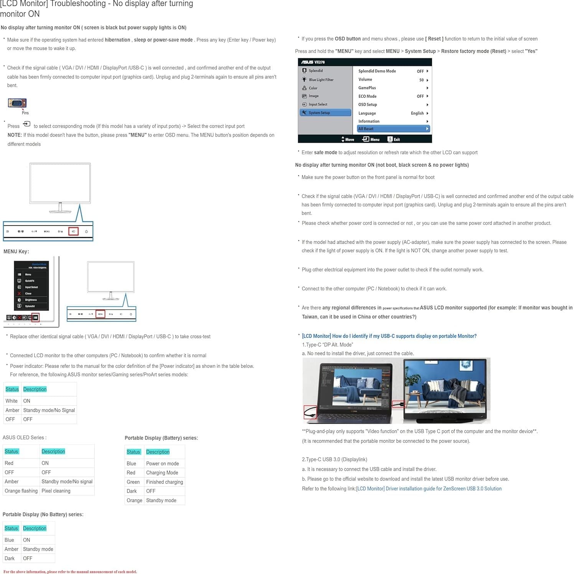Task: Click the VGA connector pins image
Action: tap(17, 103)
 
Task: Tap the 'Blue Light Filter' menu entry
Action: tap(321, 80)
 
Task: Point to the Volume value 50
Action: tap(421, 80)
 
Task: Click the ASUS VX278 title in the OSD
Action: tap(313, 62)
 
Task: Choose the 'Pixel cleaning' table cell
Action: tap(56, 491)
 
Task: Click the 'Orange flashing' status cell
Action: tap(21, 491)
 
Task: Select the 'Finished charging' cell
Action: tap(164, 482)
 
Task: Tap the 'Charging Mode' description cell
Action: tap(162, 473)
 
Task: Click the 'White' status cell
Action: tap(12, 401)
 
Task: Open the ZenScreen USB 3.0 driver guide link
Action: tap(429, 489)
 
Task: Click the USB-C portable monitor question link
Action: tap(389, 336)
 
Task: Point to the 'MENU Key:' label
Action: tap(16, 252)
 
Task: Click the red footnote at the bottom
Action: tap(70, 572)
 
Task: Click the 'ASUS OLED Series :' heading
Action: tap(25, 437)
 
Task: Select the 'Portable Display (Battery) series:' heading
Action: tap(161, 438)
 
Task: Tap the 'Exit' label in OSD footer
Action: tap(396, 140)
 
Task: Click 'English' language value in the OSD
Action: tap(417, 113)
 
